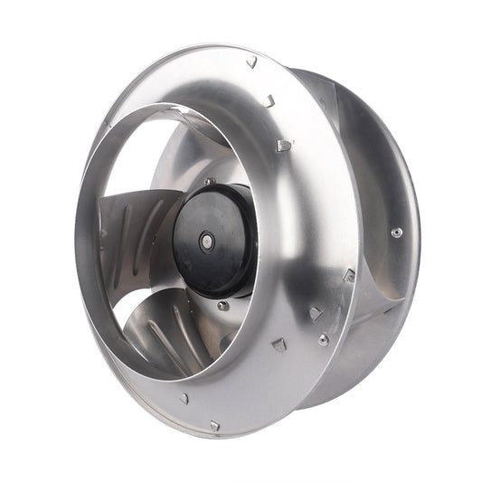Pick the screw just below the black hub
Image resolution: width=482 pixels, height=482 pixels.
pyautogui.click(x=222, y=306)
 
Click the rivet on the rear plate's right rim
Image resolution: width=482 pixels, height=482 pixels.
pyautogui.click(x=396, y=232)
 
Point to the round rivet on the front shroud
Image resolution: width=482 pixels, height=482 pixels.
pyautogui.click(x=323, y=339)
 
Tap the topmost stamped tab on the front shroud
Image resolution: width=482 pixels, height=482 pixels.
pyautogui.click(x=251, y=61)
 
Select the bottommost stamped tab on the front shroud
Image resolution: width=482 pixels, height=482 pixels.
pyautogui.click(x=214, y=424)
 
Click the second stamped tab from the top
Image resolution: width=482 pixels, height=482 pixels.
pyautogui.click(x=269, y=101)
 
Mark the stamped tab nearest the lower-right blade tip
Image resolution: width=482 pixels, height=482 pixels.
pyautogui.click(x=349, y=275)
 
